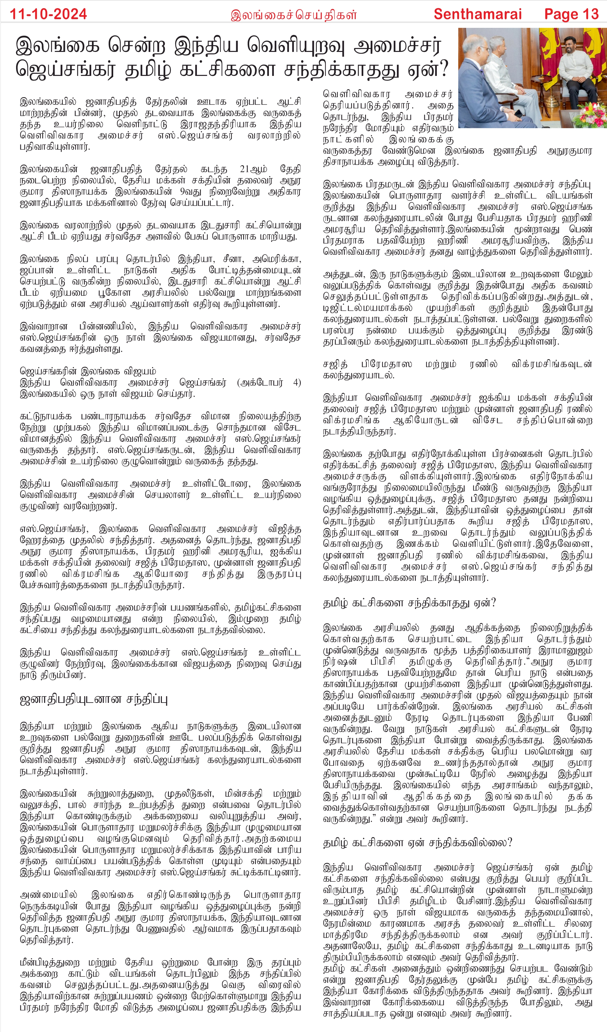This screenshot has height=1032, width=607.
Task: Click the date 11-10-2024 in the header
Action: (x=48, y=14)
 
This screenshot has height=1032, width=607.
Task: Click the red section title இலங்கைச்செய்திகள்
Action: (x=293, y=15)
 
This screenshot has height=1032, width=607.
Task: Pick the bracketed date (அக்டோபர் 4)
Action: (x=269, y=383)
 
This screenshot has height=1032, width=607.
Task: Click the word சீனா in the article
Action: (x=234, y=259)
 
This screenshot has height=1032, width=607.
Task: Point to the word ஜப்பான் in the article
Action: (x=37, y=270)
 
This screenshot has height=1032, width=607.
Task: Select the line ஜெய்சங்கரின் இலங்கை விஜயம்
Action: (x=88, y=371)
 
